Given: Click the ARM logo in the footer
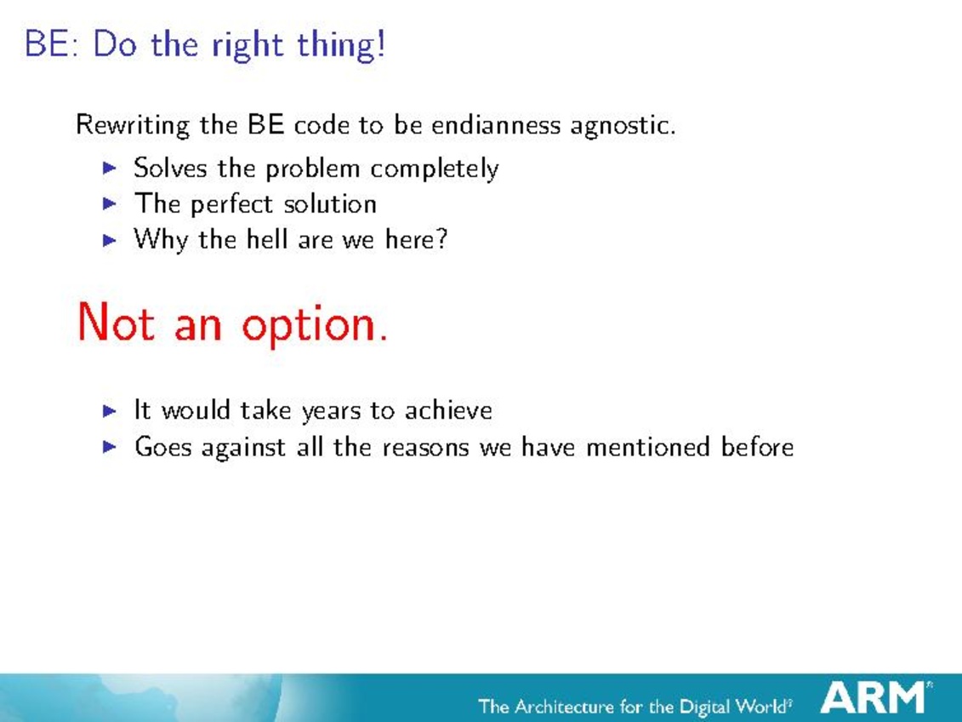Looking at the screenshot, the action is point(873,696).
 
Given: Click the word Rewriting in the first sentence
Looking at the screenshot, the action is point(133,126).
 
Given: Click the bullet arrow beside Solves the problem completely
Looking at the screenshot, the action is point(110,168).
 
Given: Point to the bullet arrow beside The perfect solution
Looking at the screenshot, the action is point(110,203).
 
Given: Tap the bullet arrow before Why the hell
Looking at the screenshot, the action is point(110,239).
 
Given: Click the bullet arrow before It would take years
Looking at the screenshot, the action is point(110,410).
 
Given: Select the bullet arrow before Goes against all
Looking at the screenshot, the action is point(110,446).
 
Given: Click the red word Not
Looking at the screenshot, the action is point(116,323).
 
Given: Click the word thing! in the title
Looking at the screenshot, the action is point(341,45).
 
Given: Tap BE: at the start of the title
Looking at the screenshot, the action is point(52,44).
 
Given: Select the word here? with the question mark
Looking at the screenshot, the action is point(417,239).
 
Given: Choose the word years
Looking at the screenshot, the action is point(332,411).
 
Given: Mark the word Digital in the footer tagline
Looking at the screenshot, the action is point(708,707).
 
